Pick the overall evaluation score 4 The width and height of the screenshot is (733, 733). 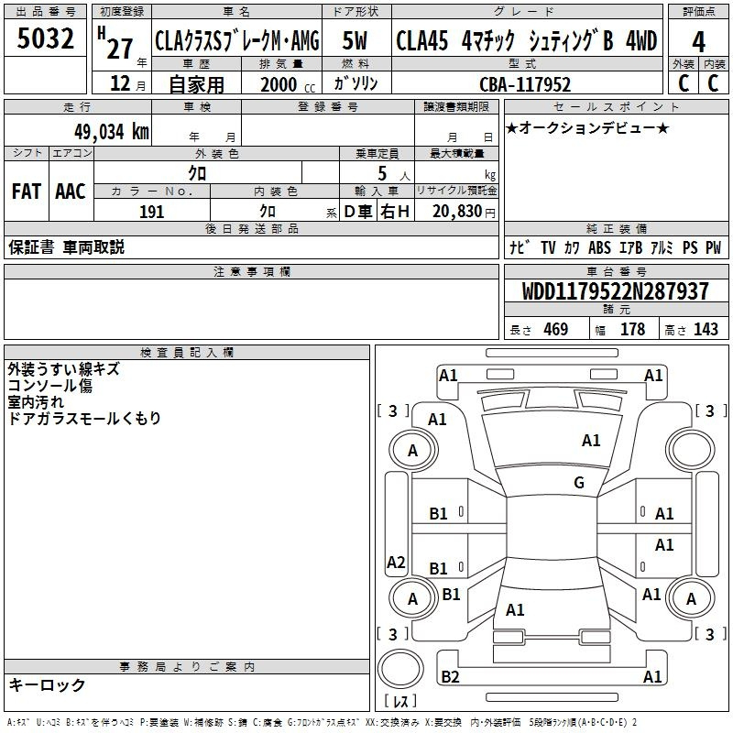(x=699, y=41)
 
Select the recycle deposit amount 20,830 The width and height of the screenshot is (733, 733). (x=456, y=212)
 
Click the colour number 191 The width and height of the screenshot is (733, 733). (x=152, y=212)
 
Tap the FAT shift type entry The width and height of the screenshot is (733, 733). (x=26, y=191)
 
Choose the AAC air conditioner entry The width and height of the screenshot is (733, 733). (x=71, y=191)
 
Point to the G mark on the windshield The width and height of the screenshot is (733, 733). (x=579, y=483)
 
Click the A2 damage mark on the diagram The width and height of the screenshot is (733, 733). (x=396, y=563)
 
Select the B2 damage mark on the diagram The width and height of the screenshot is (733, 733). (x=450, y=677)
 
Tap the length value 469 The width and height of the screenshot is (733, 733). (x=554, y=330)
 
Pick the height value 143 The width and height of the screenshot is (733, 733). (x=706, y=330)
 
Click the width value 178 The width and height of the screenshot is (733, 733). (x=632, y=330)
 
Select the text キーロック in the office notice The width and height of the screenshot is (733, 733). (x=47, y=684)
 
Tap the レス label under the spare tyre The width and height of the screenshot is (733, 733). (x=401, y=702)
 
